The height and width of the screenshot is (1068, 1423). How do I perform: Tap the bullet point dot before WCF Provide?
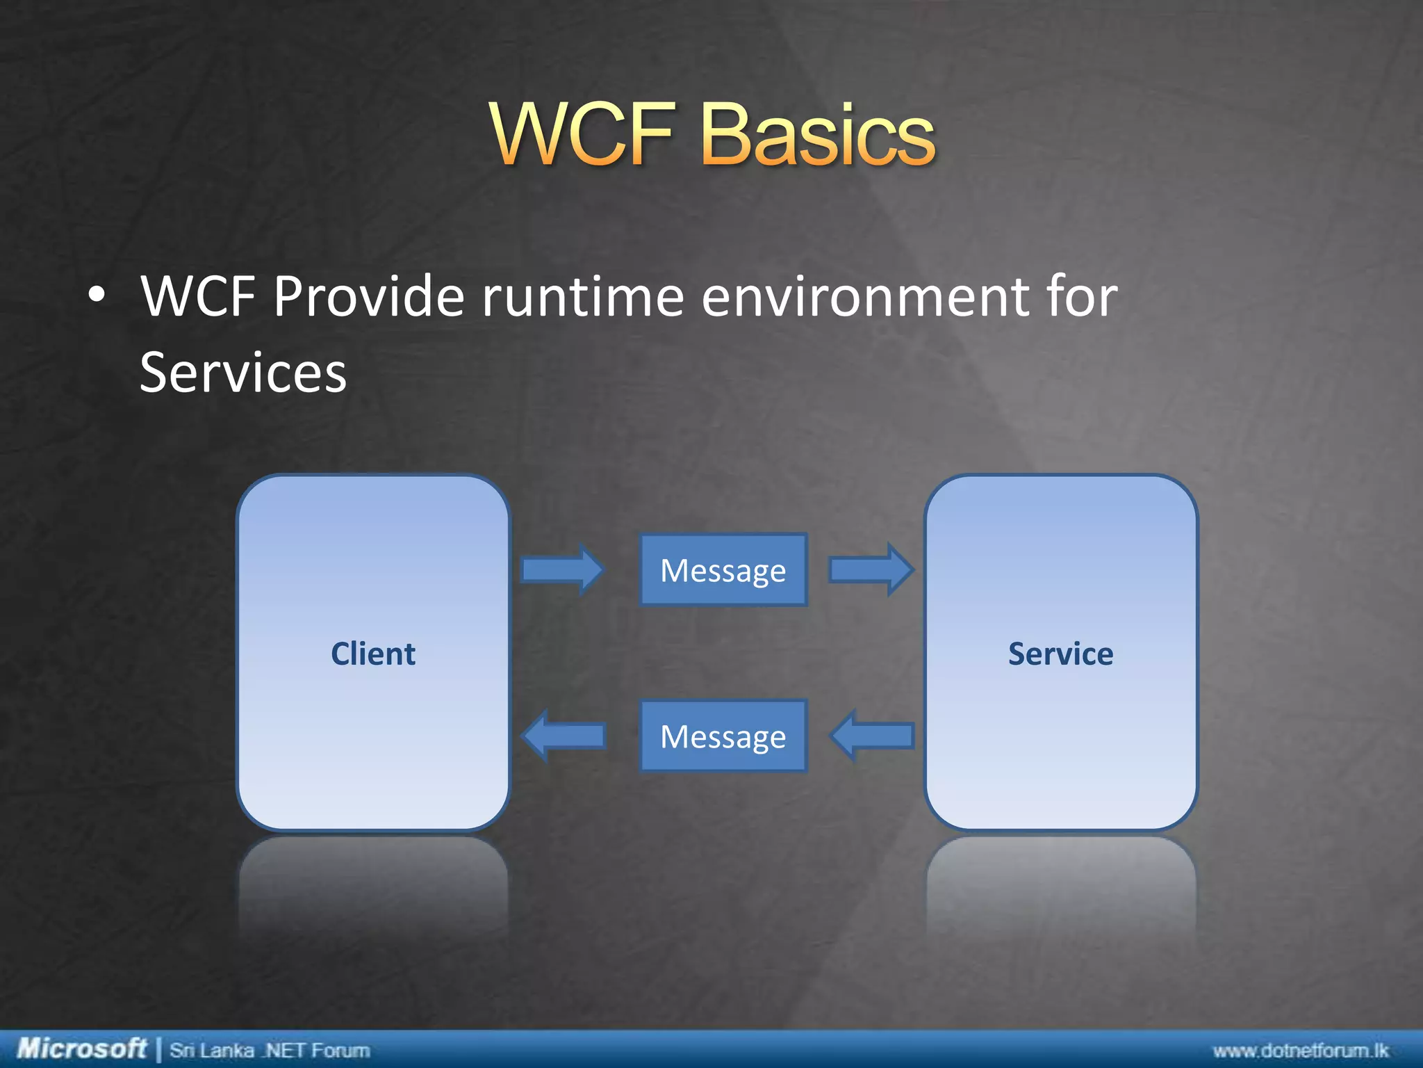[97, 296]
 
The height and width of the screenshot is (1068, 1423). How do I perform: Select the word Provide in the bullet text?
[368, 297]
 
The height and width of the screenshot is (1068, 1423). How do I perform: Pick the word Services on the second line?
[242, 373]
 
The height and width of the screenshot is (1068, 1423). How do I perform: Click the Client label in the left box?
[373, 654]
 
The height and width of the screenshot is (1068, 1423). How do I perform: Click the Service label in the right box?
[1060, 654]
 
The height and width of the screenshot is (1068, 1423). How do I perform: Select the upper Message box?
[723, 570]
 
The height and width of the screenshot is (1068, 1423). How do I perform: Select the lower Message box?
[723, 736]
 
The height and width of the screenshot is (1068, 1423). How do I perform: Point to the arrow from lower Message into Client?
[564, 736]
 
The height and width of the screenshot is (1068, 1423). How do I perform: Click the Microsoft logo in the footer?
[81, 1048]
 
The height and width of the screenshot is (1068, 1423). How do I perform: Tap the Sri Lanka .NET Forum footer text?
[270, 1050]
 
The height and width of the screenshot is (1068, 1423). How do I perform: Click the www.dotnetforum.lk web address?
[1300, 1050]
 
